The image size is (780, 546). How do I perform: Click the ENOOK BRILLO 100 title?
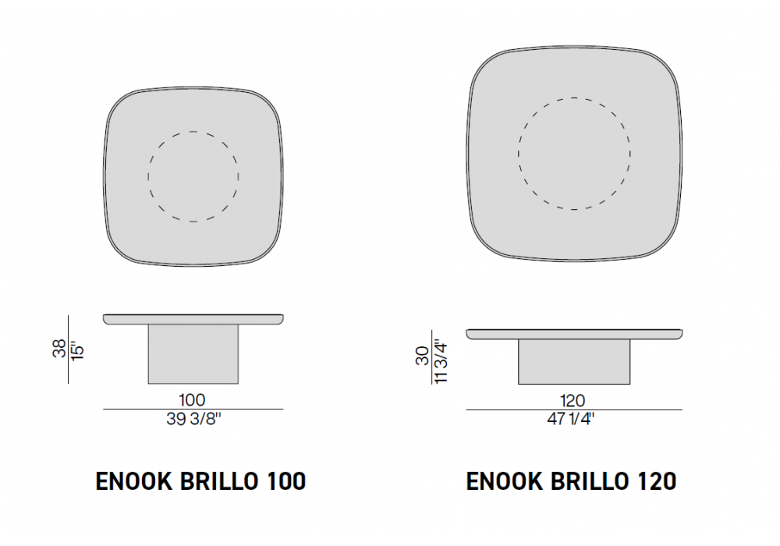pyautogui.click(x=200, y=480)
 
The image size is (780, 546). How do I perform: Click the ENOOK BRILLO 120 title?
pyautogui.click(x=571, y=480)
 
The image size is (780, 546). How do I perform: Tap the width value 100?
pyautogui.click(x=192, y=400)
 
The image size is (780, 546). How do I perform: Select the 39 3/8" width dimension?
pyautogui.click(x=193, y=419)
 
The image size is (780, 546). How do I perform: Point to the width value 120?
pyautogui.click(x=573, y=400)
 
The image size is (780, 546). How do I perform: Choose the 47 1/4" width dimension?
pyautogui.click(x=571, y=419)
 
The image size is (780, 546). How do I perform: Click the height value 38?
pyautogui.click(x=59, y=348)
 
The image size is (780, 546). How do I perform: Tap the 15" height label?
pyautogui.click(x=77, y=350)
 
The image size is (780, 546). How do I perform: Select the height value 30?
pyautogui.click(x=422, y=356)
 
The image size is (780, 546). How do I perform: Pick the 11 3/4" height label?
pyautogui.click(x=441, y=361)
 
